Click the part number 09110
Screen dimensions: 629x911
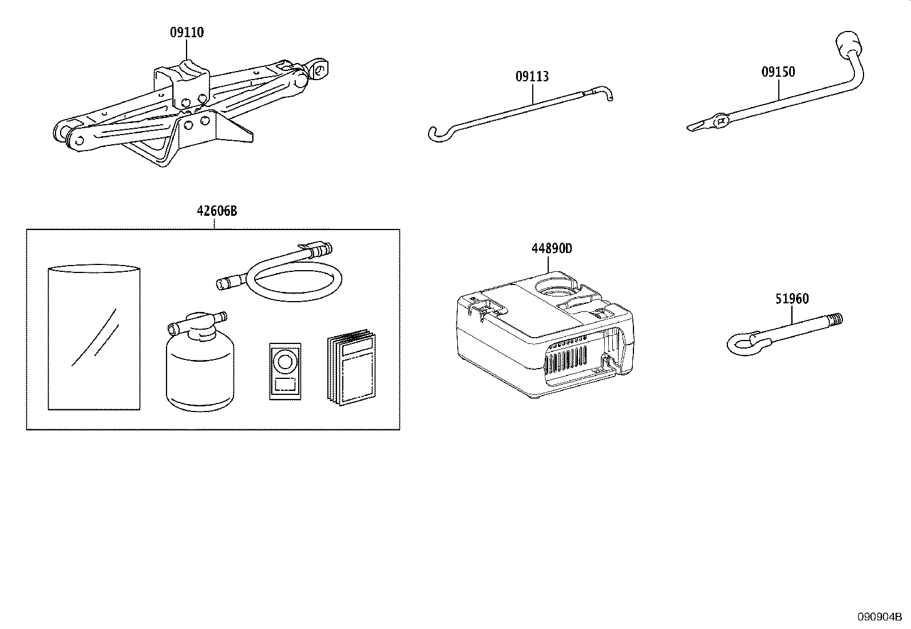[187, 33]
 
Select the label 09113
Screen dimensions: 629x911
[532, 76]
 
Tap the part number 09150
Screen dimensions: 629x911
[778, 72]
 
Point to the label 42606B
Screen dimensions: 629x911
[216, 211]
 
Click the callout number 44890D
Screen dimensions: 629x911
[552, 248]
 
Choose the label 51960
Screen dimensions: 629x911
[792, 298]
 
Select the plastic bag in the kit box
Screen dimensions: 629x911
[94, 338]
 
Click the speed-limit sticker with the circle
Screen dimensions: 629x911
[284, 371]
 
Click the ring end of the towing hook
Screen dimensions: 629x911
[741, 342]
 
